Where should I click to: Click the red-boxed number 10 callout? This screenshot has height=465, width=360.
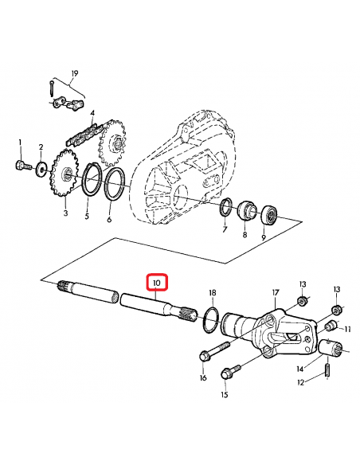[x=156, y=283]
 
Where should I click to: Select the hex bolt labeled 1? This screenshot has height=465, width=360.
[x=19, y=165]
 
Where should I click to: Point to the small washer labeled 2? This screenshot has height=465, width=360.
[x=41, y=172]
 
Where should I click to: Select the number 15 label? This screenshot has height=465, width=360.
[x=225, y=395]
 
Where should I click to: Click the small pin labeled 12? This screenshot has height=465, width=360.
[x=328, y=369]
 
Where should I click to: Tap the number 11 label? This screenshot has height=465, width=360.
[x=347, y=328]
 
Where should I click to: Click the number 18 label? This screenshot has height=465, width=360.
[x=212, y=293]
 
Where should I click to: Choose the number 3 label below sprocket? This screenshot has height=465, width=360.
[x=65, y=214]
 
